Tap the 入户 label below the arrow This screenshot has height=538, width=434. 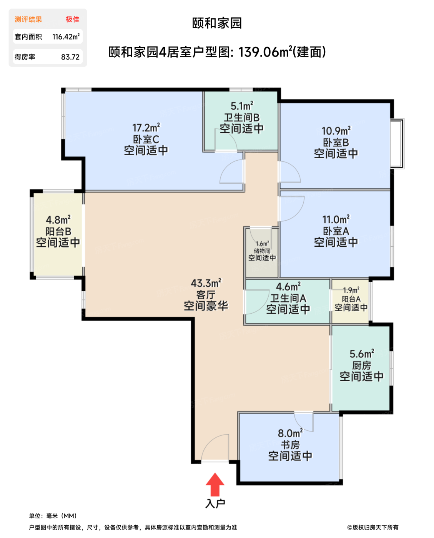(x=215, y=503)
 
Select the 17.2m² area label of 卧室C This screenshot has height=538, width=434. (x=146, y=128)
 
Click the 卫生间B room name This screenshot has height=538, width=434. (x=242, y=117)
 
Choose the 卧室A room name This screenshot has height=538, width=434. (x=336, y=231)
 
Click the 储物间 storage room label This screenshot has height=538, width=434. (x=262, y=251)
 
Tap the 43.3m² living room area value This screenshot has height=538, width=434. (x=206, y=283)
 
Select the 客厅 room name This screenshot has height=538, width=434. (x=206, y=295)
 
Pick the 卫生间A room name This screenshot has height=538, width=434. (x=288, y=298)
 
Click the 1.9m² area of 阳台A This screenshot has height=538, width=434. (x=351, y=290)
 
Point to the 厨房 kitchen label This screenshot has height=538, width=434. (x=362, y=365)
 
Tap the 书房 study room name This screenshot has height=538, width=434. (x=290, y=445)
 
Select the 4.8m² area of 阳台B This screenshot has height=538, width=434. (x=58, y=220)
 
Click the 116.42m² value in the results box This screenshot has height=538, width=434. (x=66, y=37)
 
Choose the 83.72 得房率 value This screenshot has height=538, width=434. (x=70, y=57)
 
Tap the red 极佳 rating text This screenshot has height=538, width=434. (x=72, y=20)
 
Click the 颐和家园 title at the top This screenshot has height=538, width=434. (x=217, y=23)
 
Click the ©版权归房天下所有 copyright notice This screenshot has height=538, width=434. (x=372, y=527)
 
